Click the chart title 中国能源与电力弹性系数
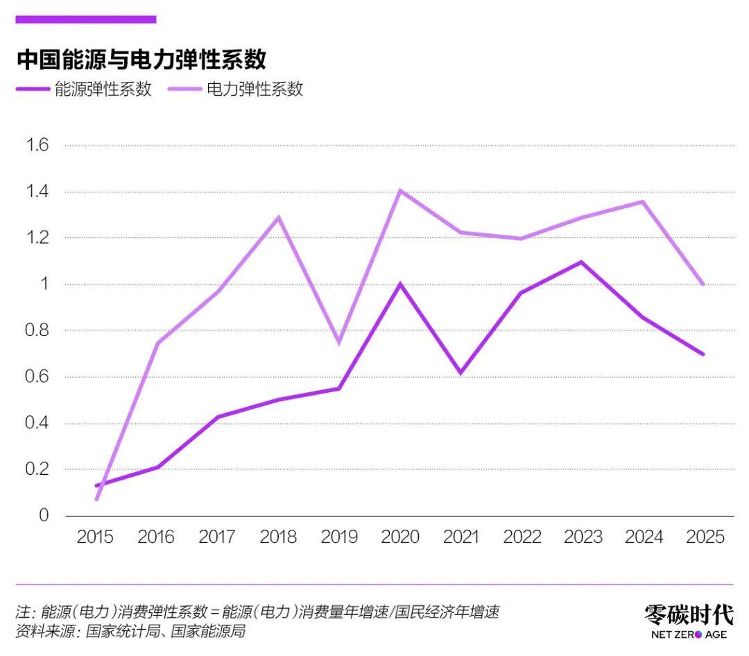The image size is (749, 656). tap(141, 60)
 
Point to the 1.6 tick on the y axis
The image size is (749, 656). tap(37, 145)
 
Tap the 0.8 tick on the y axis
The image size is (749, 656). tap(37, 330)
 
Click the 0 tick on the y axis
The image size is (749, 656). tap(44, 516)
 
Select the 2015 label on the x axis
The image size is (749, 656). tap(96, 537)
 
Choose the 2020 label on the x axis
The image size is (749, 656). tap(400, 537)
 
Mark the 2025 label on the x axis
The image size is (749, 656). tap(705, 537)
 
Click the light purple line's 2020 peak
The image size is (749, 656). tap(400, 190)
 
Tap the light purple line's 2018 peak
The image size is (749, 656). tap(279, 217)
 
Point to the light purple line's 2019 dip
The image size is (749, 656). tap(339, 343)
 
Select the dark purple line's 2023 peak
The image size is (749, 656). tap(581, 262)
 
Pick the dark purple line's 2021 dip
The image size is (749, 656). tap(460, 373)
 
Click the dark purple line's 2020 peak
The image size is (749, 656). tap(400, 284)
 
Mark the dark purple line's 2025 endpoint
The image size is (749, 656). tap(703, 354)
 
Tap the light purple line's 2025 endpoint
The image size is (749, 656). tap(703, 284)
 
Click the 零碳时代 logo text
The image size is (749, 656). tap(689, 614)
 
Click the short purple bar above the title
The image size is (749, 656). tap(86, 19)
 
